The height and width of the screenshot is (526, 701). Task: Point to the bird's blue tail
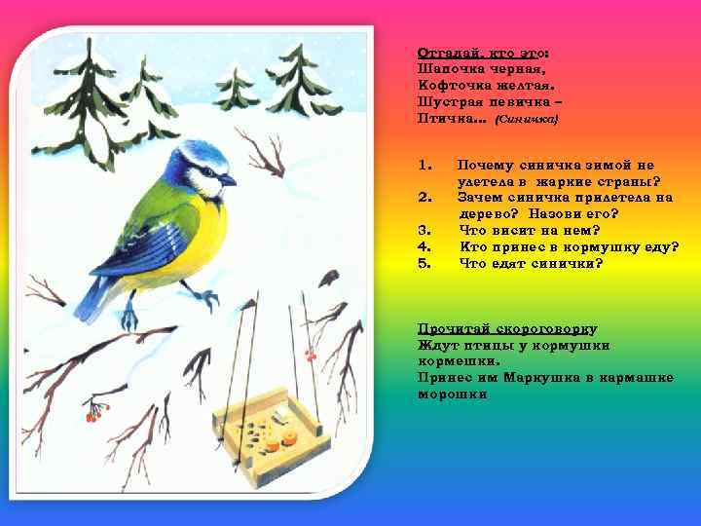pos(91,296)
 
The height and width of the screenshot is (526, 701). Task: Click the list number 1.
pos(424,166)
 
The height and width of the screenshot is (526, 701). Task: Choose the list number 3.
pos(424,230)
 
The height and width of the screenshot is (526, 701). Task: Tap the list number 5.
pos(424,263)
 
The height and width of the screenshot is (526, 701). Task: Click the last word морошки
pos(453,394)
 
